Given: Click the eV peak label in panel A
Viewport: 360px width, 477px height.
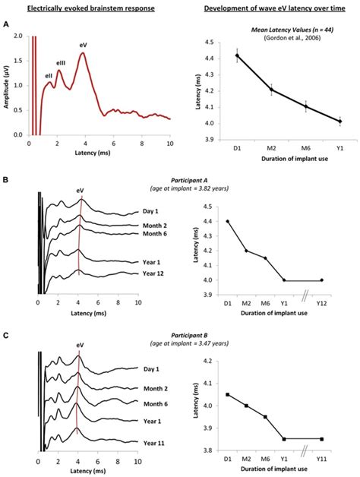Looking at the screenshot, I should [83, 45].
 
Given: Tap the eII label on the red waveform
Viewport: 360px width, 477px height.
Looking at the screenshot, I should [49, 75].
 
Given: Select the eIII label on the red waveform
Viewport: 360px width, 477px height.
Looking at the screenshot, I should [62, 62].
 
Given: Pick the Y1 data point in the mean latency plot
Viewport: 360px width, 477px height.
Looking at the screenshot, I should [318, 121].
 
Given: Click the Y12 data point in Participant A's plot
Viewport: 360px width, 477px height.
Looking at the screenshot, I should [322, 280].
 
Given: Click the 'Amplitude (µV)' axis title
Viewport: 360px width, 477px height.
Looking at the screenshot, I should [7, 85].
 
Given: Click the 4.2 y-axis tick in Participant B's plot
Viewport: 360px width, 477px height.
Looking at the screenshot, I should [206, 361].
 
